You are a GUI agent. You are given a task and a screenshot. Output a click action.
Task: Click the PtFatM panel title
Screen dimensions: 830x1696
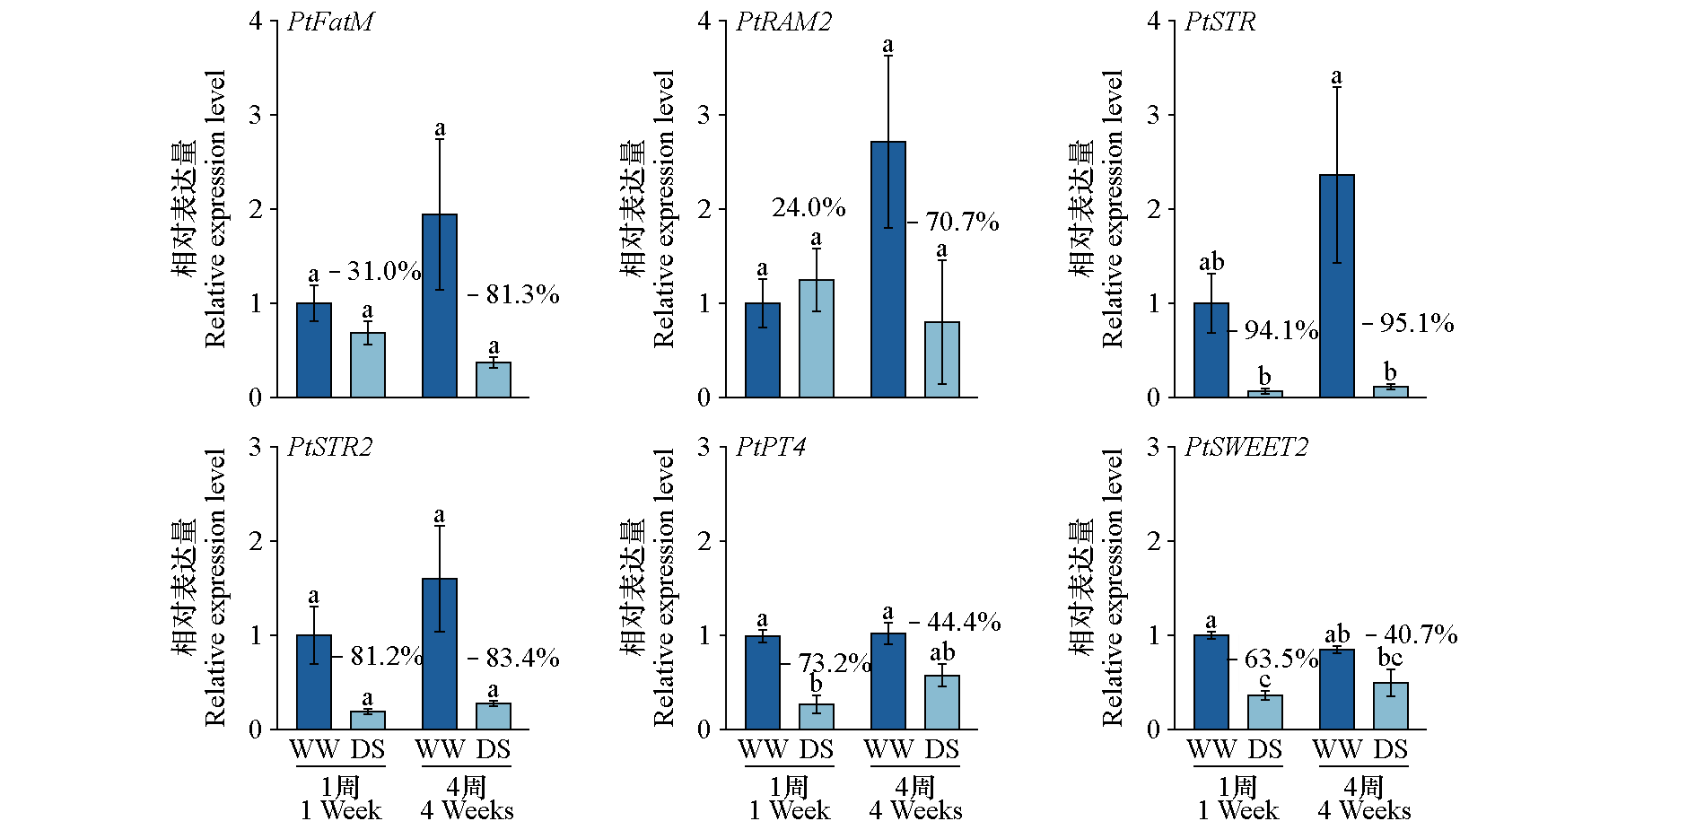(x=330, y=22)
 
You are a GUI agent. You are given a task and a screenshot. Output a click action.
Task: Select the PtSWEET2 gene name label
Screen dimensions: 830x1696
(x=1246, y=447)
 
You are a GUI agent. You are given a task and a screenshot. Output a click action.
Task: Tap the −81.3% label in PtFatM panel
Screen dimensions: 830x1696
(x=513, y=294)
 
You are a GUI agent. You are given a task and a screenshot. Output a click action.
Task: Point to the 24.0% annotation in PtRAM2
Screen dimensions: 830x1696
(x=809, y=208)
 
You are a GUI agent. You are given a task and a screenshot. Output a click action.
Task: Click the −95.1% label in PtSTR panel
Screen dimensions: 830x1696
(x=1408, y=323)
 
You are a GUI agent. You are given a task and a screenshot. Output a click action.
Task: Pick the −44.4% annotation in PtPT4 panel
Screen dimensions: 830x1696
(x=955, y=622)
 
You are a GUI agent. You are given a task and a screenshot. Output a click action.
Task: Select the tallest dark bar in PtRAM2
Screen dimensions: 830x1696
(x=888, y=269)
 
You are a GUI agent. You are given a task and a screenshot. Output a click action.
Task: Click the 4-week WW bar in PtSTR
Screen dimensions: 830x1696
(x=1337, y=286)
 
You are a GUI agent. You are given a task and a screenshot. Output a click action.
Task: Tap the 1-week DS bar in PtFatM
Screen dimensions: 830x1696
(x=368, y=365)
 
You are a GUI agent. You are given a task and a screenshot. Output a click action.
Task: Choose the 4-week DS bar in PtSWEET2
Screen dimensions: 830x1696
(x=1391, y=706)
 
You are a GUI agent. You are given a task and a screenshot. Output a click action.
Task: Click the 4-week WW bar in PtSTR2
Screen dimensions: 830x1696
(x=440, y=654)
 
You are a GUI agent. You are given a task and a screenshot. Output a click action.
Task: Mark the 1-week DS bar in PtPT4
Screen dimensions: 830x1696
(x=817, y=717)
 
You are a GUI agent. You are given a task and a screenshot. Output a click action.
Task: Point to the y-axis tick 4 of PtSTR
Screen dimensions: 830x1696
(x=1153, y=21)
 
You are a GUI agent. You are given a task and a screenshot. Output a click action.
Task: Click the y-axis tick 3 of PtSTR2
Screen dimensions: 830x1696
(x=256, y=447)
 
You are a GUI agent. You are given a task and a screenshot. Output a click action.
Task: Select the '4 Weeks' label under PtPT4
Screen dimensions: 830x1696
(x=915, y=811)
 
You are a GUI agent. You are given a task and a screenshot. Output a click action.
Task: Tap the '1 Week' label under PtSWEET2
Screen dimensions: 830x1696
(x=1238, y=811)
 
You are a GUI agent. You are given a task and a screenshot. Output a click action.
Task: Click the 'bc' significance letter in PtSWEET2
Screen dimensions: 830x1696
(x=1390, y=658)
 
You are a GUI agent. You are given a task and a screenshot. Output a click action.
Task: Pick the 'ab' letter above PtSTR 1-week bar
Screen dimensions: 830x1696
(x=1211, y=262)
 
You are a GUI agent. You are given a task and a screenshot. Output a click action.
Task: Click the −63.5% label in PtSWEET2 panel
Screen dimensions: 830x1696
(x=1273, y=659)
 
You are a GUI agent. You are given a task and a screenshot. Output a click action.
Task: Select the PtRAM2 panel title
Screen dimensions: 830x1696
(x=783, y=22)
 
